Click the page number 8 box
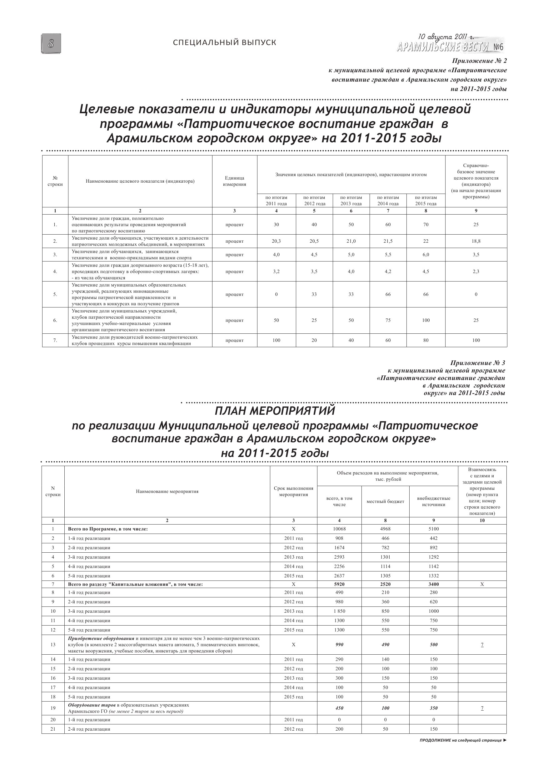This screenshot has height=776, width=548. pos(51,43)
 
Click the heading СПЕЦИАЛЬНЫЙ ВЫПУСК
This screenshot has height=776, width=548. pos(225,43)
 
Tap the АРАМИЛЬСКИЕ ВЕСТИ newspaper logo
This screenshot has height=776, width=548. pos(451,47)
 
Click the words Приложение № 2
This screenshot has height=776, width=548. pos(480,61)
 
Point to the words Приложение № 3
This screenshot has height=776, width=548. pos(478,363)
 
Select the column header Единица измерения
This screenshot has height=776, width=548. pos(234,181)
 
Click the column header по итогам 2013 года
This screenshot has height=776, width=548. pos(351,200)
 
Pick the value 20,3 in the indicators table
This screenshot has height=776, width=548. pos(276,241)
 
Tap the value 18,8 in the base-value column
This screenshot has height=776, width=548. pos(476,241)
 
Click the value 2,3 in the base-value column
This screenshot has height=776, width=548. pos(476,271)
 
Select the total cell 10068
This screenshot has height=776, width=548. pos(339,529)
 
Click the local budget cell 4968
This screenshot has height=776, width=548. pos(385,529)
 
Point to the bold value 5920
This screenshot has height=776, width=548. pos(339,584)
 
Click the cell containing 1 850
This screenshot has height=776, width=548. pos(339,611)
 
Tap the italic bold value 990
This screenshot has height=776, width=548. pos(339,645)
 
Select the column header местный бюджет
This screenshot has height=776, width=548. pos(385,502)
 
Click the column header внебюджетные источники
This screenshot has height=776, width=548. pos(434,502)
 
